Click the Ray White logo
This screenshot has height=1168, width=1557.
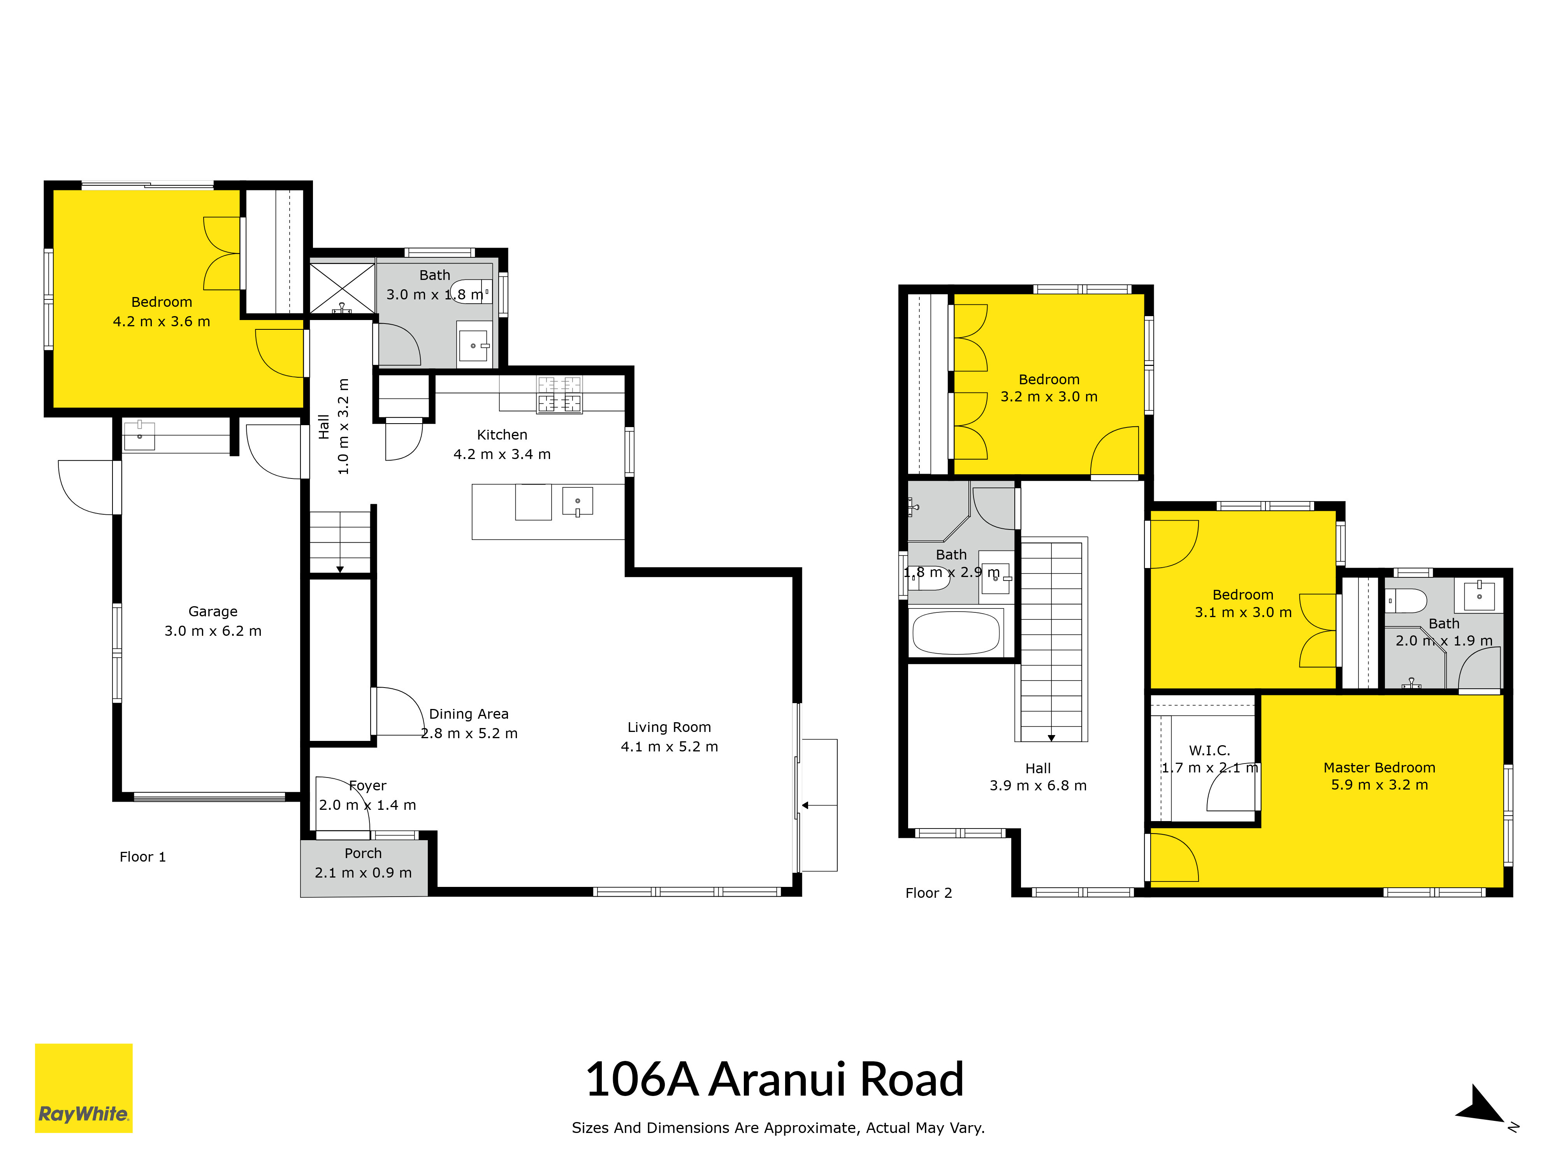[84, 1088]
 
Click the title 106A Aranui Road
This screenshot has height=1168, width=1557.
[774, 1079]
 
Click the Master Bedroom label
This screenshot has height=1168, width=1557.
[1379, 767]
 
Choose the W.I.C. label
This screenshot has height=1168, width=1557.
[1209, 751]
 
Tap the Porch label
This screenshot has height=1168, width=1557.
[363, 853]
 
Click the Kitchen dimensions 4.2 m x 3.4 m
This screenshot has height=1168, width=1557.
[502, 454]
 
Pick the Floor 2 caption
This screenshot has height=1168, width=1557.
[928, 893]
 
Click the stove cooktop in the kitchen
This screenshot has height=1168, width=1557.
[560, 394]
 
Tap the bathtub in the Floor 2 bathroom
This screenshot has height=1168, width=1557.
[956, 632]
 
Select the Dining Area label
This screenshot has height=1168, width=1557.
[469, 714]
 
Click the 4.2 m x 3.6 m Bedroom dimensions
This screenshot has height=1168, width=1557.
[162, 321]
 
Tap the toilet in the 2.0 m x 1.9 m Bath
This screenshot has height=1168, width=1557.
[1406, 600]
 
